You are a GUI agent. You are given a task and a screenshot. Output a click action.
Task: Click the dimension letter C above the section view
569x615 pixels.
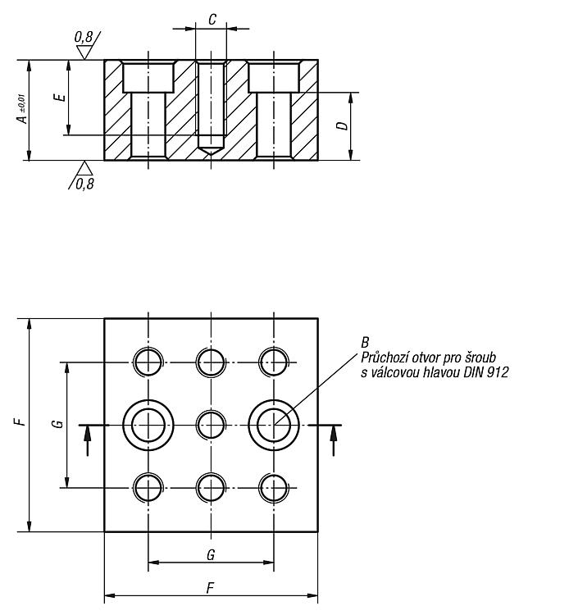click(212, 19)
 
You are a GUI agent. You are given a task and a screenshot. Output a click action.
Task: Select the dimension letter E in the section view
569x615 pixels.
click(60, 97)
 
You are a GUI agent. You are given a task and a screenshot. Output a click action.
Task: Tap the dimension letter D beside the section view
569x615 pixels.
click(343, 126)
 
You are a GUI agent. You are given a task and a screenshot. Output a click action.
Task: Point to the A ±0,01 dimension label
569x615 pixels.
click(22, 108)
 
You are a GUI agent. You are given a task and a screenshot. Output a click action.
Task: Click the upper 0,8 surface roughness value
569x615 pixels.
click(84, 37)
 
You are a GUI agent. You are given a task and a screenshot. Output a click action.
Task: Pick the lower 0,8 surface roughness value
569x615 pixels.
click(85, 184)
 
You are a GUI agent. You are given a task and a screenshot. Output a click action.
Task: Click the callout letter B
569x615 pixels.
click(365, 343)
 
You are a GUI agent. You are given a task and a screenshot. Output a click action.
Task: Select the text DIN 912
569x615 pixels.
click(486, 372)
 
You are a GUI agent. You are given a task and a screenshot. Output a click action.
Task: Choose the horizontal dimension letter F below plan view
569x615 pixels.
click(211, 588)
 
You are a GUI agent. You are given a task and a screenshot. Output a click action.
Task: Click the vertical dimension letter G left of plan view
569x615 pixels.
click(58, 424)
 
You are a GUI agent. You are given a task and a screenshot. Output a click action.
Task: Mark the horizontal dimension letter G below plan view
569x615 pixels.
click(211, 555)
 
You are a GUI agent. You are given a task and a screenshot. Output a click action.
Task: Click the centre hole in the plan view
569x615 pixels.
click(211, 425)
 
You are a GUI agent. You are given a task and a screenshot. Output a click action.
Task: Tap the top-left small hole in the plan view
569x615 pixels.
click(148, 362)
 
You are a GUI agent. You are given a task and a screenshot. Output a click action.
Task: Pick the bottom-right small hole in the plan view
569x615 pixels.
click(274, 488)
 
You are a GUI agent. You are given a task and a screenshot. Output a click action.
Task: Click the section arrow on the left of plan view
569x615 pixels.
click(88, 441)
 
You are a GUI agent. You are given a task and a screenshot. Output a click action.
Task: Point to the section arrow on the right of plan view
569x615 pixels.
click(334, 441)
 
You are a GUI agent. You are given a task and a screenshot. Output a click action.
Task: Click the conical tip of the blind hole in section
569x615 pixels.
click(211, 151)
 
